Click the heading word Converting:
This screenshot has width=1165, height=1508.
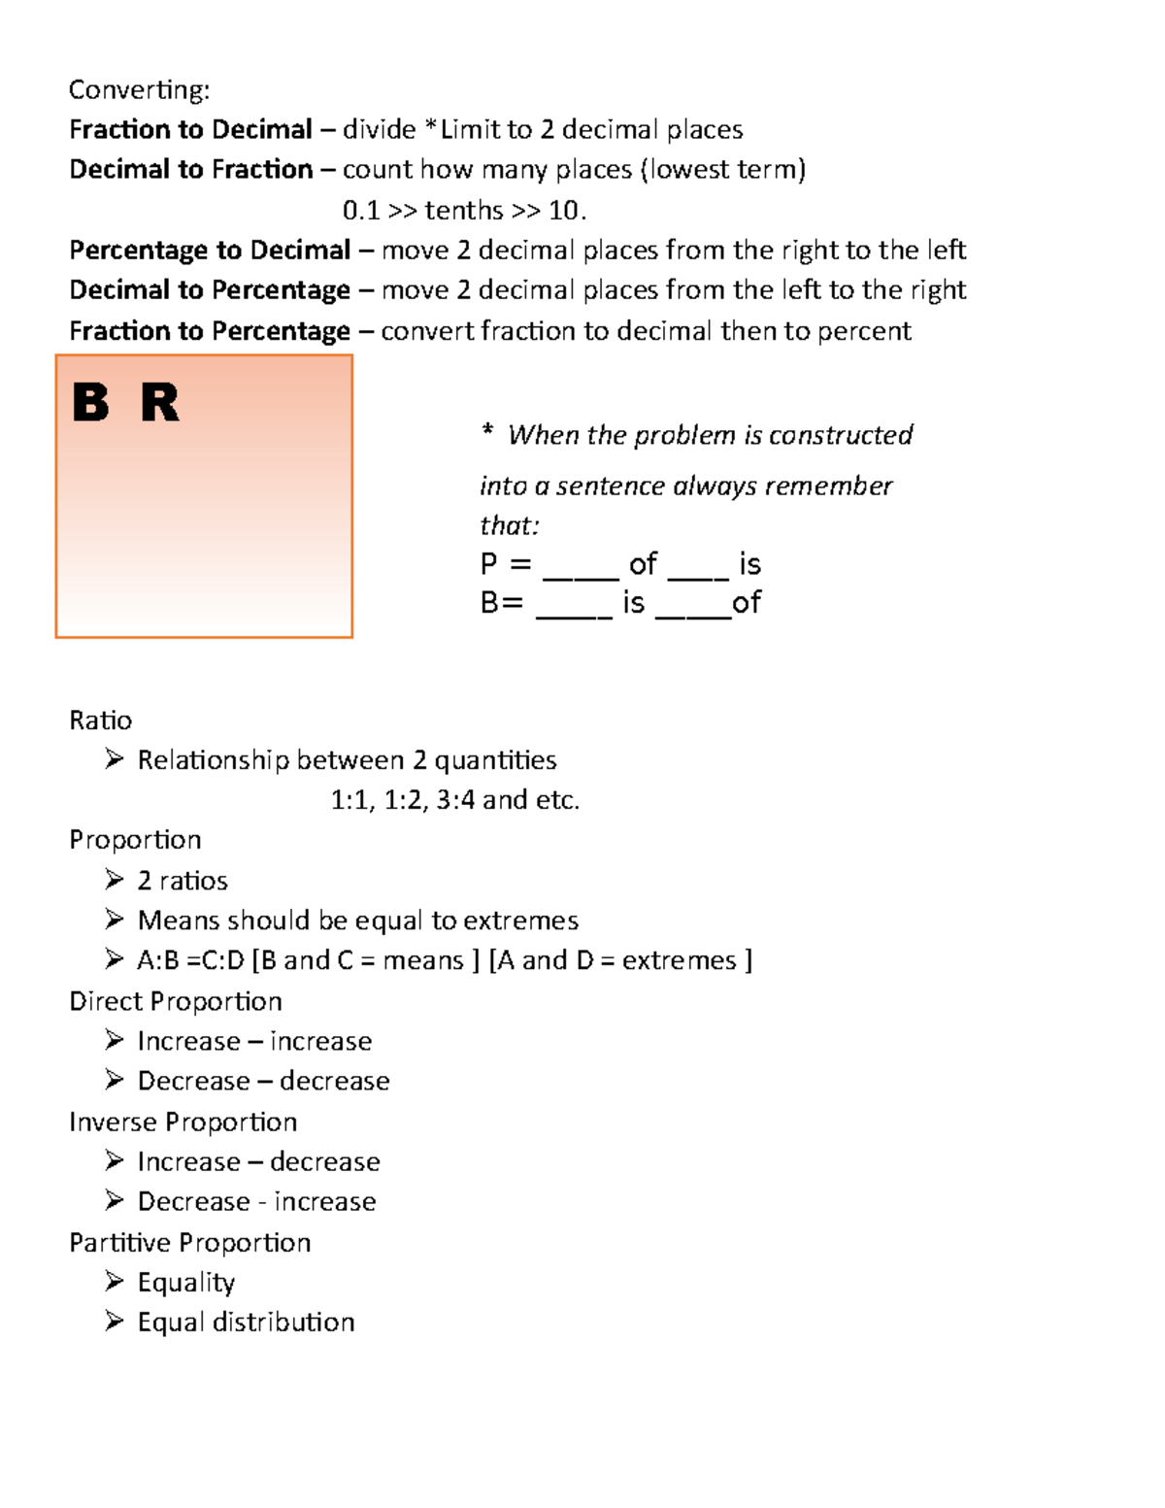139,90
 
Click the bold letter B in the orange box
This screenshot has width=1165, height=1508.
90,403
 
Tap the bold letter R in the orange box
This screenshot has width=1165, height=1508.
160,403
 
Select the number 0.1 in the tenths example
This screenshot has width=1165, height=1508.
361,211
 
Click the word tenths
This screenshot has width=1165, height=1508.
464,211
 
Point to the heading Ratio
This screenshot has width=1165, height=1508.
100,720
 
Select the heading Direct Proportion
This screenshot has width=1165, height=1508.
176,1001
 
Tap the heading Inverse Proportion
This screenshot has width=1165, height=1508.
183,1123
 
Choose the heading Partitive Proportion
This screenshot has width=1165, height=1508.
190,1243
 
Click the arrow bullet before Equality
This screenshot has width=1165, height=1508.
115,1282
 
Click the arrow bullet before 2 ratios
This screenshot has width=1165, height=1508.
115,880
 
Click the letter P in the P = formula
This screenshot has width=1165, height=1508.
489,564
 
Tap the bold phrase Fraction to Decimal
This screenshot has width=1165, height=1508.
190,130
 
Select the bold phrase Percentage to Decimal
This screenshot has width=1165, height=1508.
210,251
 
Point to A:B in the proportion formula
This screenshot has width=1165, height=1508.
158,961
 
